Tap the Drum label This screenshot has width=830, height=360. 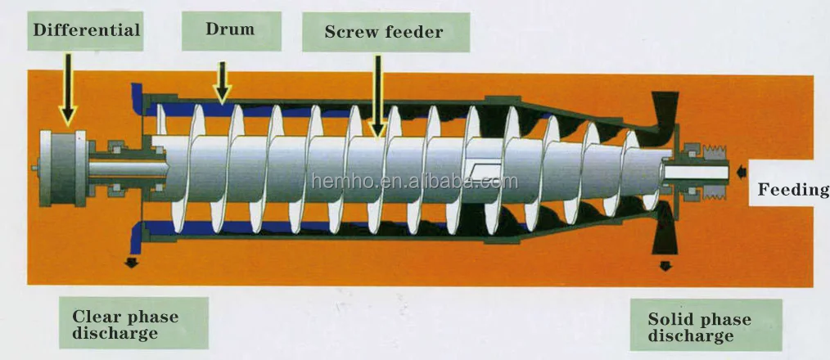point(230,31)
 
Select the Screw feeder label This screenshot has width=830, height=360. point(384,33)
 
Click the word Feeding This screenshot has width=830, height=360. point(792,190)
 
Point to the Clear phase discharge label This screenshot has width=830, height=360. point(126,324)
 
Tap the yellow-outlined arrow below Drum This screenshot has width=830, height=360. point(222,80)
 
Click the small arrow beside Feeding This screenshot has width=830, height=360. point(741,172)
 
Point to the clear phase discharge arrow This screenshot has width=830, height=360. point(130,262)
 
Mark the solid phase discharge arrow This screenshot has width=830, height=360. point(665,267)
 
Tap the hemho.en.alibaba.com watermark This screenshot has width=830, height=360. point(414,181)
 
